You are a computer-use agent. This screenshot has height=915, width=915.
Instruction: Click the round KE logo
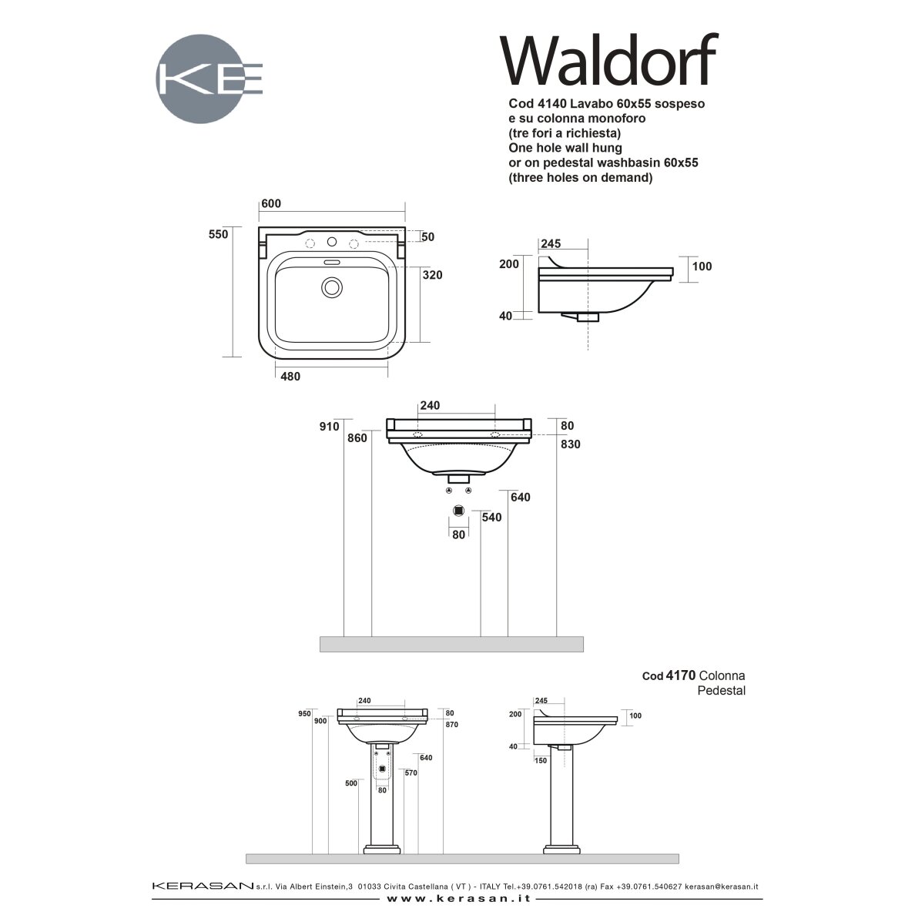point(200,79)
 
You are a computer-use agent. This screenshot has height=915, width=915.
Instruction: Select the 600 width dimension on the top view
point(271,203)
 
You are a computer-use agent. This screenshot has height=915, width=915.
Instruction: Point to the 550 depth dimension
point(218,234)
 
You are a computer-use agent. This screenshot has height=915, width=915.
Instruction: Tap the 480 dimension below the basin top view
point(290,377)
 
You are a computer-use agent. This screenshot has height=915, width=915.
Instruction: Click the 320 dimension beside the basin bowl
point(432,275)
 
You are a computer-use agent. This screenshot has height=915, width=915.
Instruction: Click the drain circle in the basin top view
point(332,287)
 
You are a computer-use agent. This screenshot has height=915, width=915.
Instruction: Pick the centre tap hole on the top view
point(332,242)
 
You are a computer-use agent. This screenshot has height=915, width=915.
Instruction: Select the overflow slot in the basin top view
point(332,262)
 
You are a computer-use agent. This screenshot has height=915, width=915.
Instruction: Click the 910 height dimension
point(329,427)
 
